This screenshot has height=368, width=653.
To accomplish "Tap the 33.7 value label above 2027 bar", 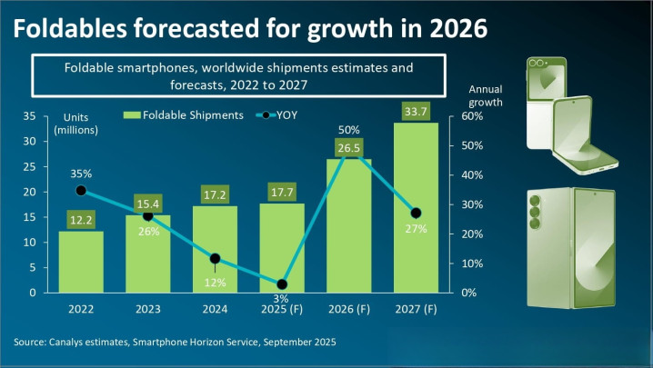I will click(x=416, y=112).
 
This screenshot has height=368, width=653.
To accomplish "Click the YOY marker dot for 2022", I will click(x=82, y=191).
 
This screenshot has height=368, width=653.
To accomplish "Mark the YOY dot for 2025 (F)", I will click(x=282, y=284).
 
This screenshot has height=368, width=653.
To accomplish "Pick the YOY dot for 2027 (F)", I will click(x=416, y=214).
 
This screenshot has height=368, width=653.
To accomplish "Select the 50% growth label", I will click(x=349, y=130).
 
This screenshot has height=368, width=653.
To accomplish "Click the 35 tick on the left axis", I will click(x=30, y=116).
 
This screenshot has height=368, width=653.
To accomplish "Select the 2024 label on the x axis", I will click(x=216, y=310).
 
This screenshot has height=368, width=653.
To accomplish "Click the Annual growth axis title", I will click(x=485, y=96).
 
